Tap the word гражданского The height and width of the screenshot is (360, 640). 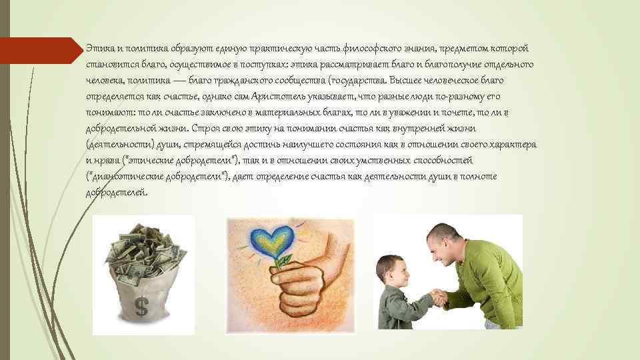[x=245, y=80]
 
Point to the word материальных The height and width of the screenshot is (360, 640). [x=309, y=112]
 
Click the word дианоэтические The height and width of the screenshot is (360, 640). [x=123, y=177]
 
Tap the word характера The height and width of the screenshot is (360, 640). [x=513, y=145]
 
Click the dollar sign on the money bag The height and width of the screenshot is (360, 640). [x=141, y=306]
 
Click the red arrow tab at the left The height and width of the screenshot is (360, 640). [x=40, y=50]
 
